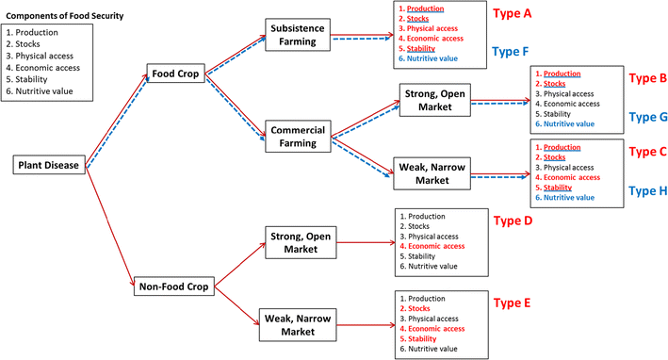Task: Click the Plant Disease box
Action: click(50, 166)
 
